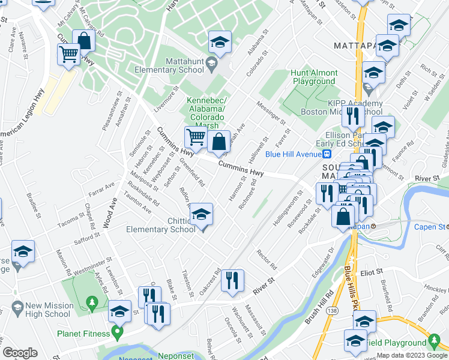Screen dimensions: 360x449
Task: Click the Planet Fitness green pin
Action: coord(116,331)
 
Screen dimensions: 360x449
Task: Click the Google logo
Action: coord(20,353)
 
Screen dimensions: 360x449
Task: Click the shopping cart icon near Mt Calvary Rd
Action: coord(69,55)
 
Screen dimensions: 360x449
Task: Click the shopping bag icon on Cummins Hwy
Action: coord(220,143)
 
